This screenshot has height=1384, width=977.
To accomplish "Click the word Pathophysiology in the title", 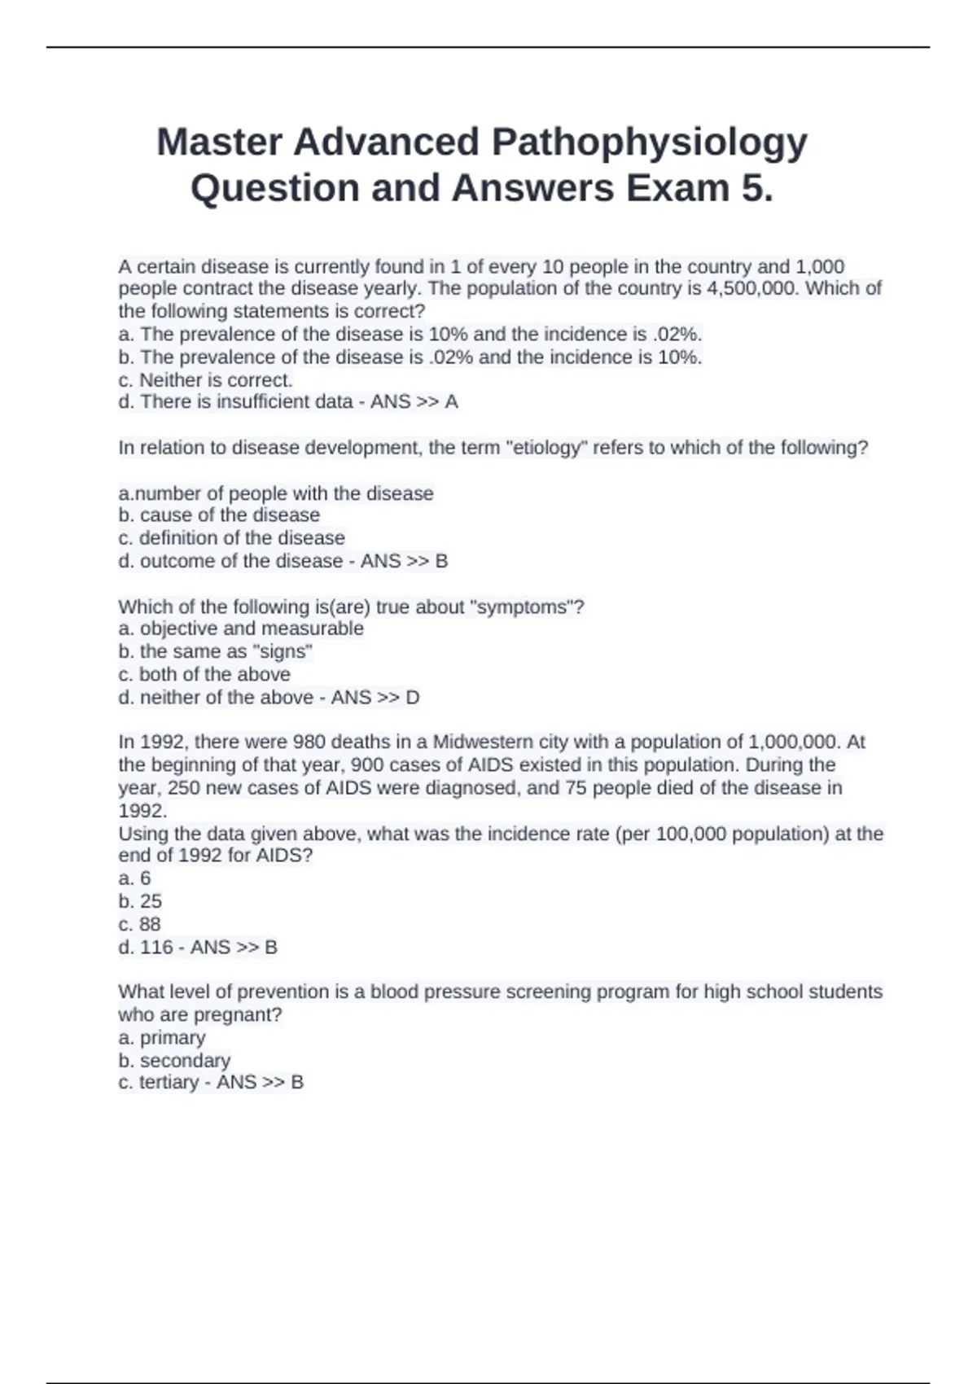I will point(649,142).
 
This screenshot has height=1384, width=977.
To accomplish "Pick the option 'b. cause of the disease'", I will point(219,515).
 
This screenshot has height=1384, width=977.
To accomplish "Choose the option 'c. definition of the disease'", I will point(231,538).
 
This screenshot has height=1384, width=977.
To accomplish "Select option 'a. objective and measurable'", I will point(241,628).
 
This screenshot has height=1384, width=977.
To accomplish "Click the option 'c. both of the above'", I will point(204,674).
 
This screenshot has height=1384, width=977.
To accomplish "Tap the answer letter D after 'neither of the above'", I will point(412,698).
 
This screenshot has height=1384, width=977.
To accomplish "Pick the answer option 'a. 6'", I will point(134,878).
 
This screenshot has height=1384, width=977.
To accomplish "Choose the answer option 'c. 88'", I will point(139,924).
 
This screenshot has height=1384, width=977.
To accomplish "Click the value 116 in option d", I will point(156,947).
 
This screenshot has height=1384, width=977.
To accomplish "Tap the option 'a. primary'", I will point(162,1038).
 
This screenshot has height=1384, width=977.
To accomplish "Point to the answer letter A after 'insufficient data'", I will point(451,402).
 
